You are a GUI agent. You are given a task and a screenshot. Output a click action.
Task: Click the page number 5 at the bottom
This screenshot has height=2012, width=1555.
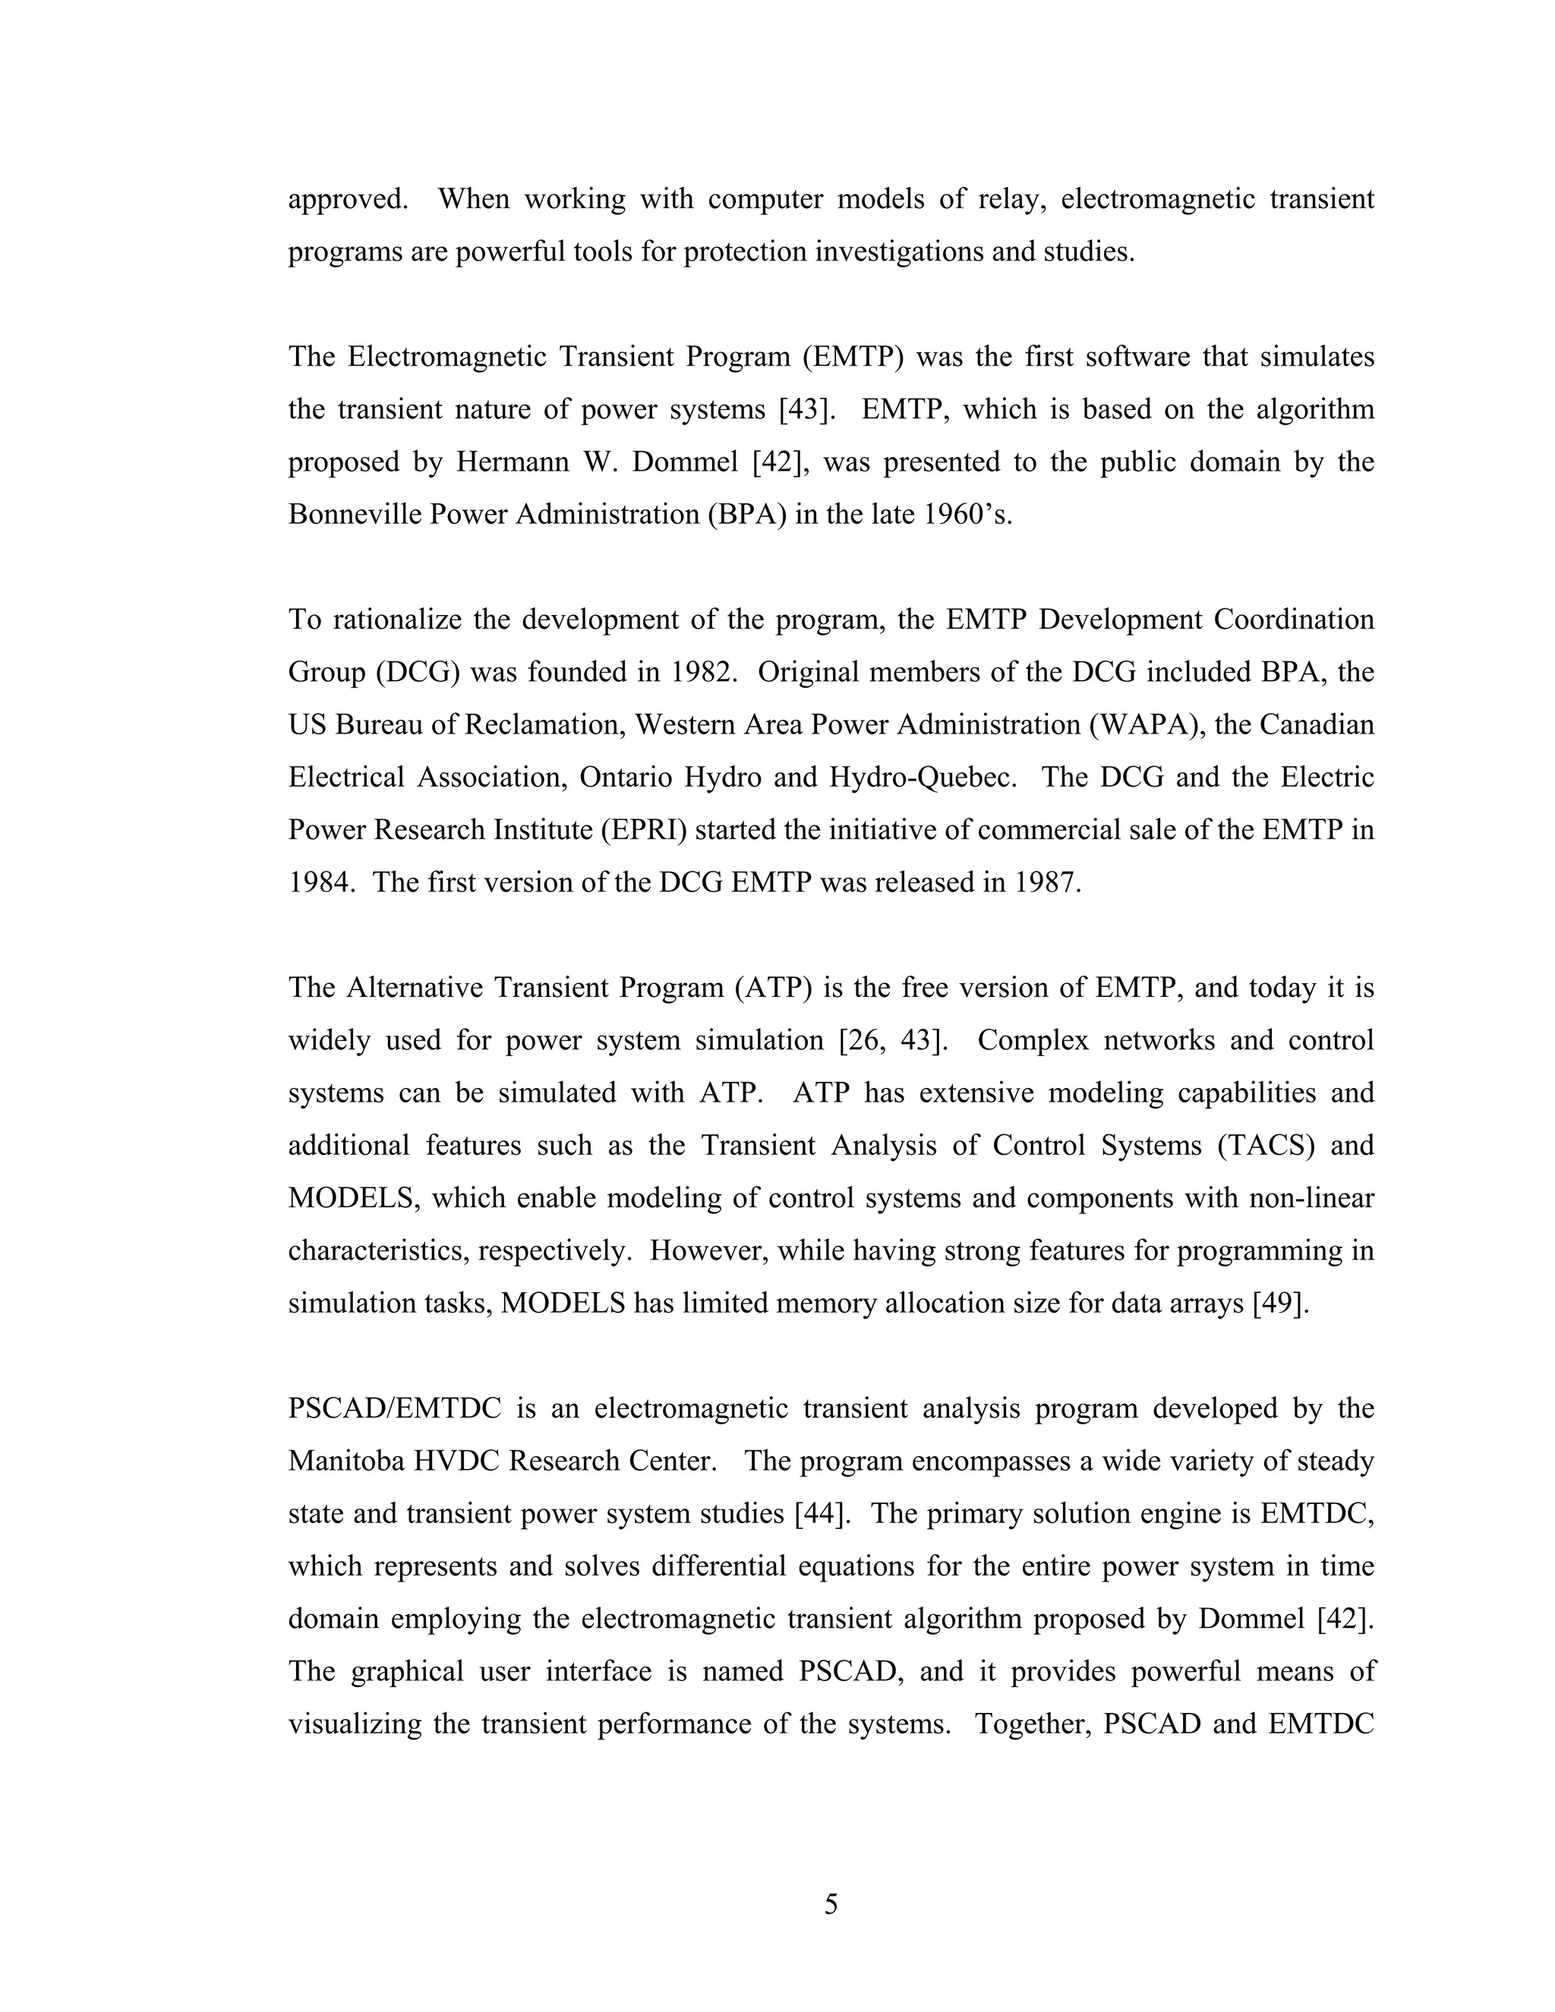pyautogui.click(x=831, y=1903)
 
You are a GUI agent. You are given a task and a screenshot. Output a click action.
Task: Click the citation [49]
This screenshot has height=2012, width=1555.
pyautogui.click(x=1280, y=1304)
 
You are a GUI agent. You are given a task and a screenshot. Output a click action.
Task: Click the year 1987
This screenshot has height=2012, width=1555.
pyautogui.click(x=1046, y=882)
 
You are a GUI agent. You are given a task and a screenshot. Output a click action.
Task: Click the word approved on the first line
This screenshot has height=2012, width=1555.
pyautogui.click(x=347, y=200)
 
